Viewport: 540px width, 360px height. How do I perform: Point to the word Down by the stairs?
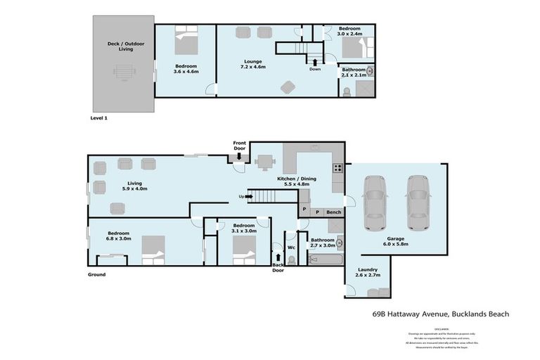click(x=314, y=69)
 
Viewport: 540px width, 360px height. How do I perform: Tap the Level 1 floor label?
click(x=99, y=118)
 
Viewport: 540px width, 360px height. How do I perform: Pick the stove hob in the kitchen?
click(x=338, y=168)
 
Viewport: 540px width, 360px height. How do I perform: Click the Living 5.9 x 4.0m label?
click(x=116, y=185)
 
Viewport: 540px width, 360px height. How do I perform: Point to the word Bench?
click(x=333, y=212)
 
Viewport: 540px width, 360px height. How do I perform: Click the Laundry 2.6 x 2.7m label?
click(x=366, y=272)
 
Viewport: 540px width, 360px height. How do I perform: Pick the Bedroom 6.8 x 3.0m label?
click(x=118, y=236)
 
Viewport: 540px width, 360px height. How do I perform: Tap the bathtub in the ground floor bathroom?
click(x=325, y=259)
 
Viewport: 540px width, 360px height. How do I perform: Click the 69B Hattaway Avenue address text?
click(x=440, y=314)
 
